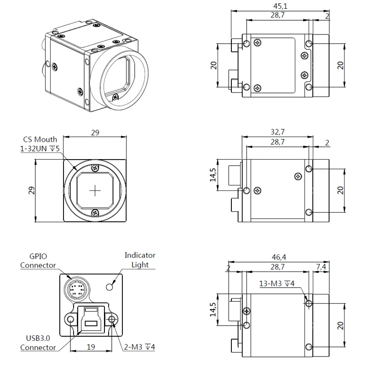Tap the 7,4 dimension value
[322, 267]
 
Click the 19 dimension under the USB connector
[91, 347]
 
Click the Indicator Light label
[140, 260]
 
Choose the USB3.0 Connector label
[38, 343]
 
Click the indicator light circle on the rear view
[109, 287]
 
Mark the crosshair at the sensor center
[95, 190]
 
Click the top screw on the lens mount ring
[95, 168]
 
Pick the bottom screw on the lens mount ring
[95, 212]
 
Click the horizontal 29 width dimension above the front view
[95, 132]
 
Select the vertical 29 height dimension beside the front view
[31, 190]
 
